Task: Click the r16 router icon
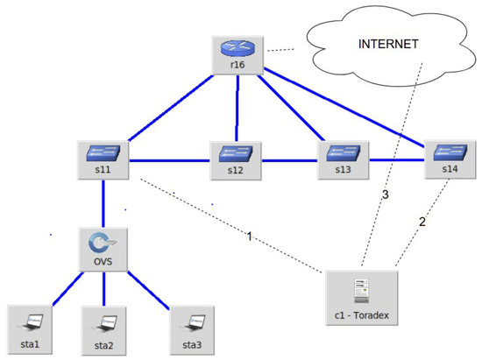click(236, 54)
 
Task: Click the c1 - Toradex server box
click(360, 293)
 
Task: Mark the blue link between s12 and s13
click(288, 160)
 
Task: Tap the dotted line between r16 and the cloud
click(280, 50)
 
